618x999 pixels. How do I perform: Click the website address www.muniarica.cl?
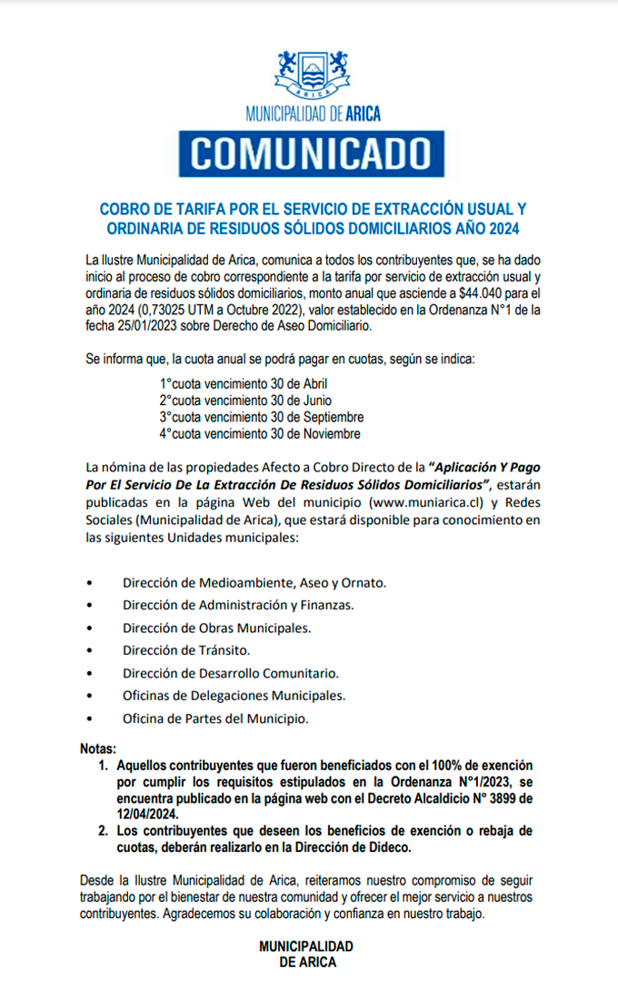424,502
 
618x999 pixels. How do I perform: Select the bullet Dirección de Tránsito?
186,650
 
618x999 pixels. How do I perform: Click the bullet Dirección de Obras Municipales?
216,628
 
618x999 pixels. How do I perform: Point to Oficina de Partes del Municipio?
215,718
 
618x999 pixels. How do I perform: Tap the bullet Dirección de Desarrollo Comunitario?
231,673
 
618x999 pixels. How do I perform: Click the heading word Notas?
98,749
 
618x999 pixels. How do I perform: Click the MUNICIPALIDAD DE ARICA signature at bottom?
306,954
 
